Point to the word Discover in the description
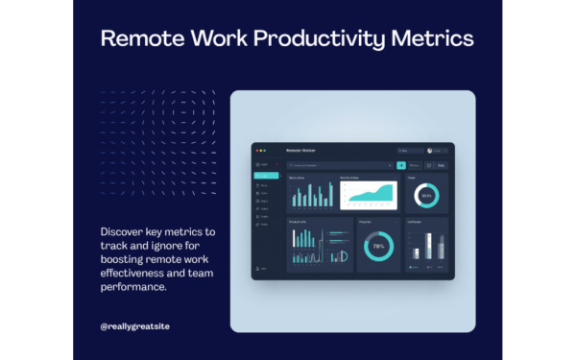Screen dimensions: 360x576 [x=123, y=231]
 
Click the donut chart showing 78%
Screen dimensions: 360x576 [x=378, y=247]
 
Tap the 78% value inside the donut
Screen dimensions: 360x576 [x=378, y=247]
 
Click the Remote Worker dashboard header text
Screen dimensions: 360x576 [x=301, y=151]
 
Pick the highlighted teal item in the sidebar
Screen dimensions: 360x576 [x=265, y=176]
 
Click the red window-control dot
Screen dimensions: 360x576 [x=257, y=151]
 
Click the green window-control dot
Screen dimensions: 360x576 [x=266, y=151]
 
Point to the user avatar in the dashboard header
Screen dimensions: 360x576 [x=430, y=151]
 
